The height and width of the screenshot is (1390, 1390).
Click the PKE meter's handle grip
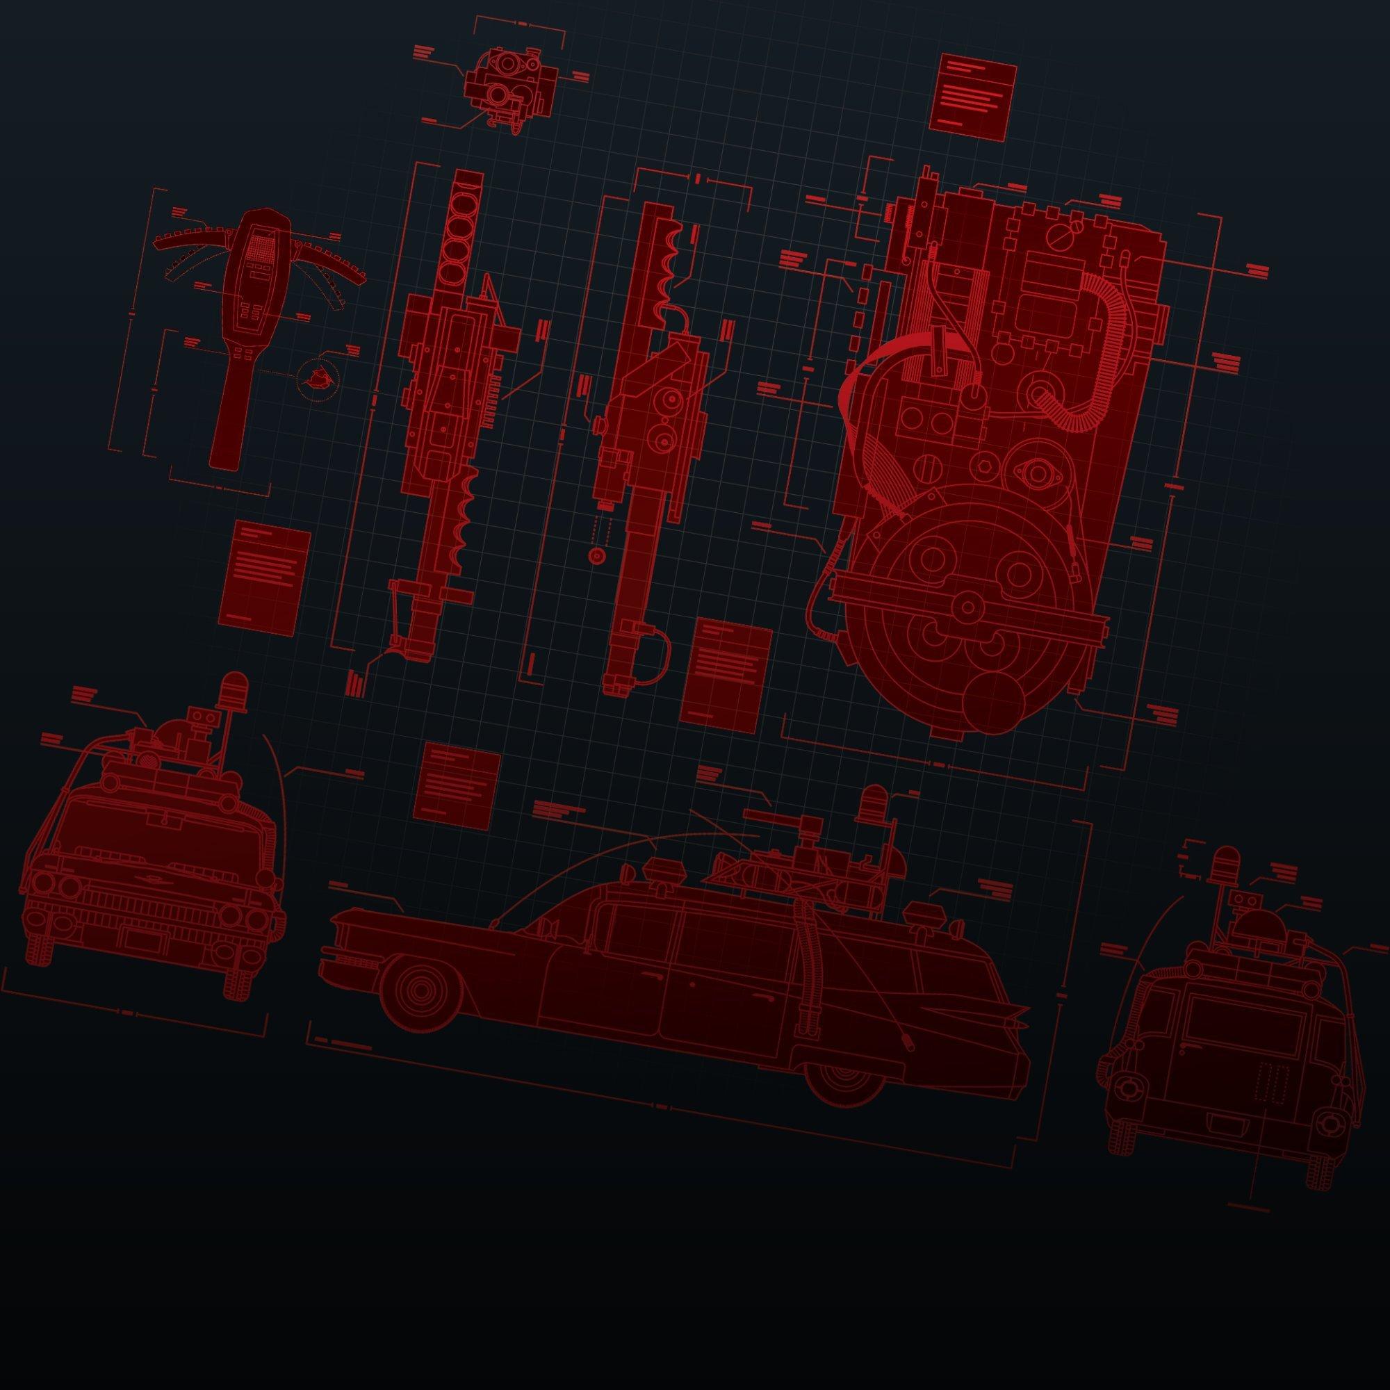227,417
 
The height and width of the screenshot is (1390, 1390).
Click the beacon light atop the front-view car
234,688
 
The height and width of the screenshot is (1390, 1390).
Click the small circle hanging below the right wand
595,556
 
